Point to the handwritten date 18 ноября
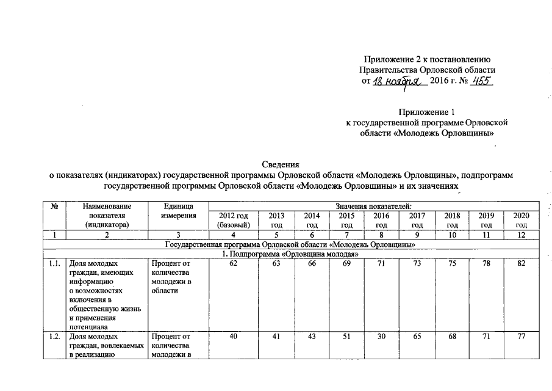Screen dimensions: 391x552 (399, 82)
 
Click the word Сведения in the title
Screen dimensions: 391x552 (281, 164)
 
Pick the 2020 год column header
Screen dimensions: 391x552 (521, 220)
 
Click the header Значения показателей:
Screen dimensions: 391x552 (373, 206)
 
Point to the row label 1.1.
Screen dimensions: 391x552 (55, 264)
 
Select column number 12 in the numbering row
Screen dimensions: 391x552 (521, 235)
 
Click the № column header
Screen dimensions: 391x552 (55, 207)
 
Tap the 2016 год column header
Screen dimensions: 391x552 (381, 220)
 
